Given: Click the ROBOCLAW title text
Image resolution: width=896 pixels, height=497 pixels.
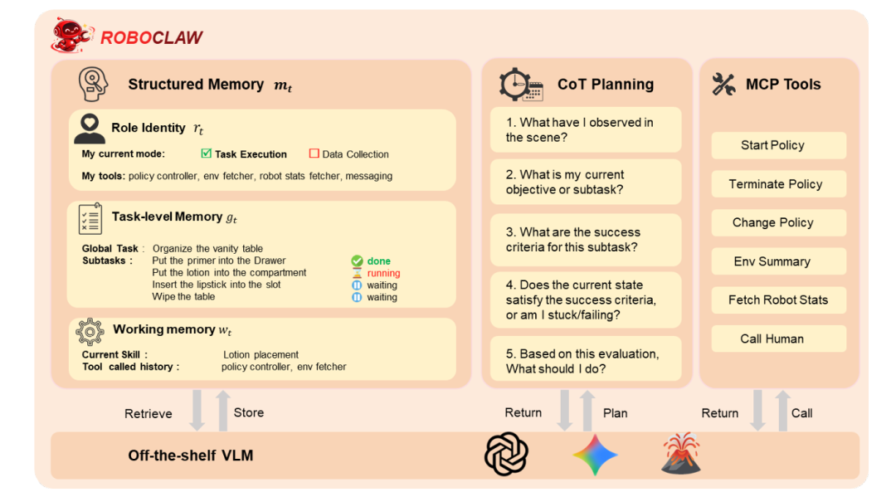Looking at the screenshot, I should coord(152,37).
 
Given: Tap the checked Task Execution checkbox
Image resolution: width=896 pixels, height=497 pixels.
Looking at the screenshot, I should coord(207,153).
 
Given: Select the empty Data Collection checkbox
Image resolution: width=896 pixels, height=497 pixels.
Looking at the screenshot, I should coord(314,153).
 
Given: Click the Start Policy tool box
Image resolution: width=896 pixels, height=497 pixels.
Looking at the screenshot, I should coord(778,145).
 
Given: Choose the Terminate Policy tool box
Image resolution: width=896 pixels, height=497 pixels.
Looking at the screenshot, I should coord(778,184).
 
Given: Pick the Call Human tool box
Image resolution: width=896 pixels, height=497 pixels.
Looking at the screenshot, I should coord(778,339).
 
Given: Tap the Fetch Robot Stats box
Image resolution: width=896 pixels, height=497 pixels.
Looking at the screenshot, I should coord(778,300).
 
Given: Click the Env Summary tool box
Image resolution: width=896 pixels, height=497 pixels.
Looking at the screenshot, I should coord(778,261).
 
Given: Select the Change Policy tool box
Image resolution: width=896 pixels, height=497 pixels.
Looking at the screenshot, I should coord(778,222).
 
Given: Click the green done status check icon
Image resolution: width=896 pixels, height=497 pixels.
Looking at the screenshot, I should coord(358,261).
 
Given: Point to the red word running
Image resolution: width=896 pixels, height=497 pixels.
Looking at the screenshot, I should coord(383,273).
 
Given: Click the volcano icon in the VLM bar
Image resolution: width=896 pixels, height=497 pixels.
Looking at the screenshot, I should coord(680,455).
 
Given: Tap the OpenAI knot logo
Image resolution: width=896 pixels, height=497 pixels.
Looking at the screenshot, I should coord(506,455).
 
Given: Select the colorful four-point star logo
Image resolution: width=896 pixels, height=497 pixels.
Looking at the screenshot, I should coord(595,455).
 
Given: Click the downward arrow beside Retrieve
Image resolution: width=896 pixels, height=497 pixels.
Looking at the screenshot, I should coord(197,412).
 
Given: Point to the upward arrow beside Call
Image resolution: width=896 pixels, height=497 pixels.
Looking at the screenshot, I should coord(782,411).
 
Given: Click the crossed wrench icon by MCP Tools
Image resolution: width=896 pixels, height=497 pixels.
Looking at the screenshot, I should coord(724,85).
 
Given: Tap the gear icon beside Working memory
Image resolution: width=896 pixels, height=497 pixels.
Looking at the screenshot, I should coord(90,331).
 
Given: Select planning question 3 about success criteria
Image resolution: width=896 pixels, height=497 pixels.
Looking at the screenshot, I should coord(585,240).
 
